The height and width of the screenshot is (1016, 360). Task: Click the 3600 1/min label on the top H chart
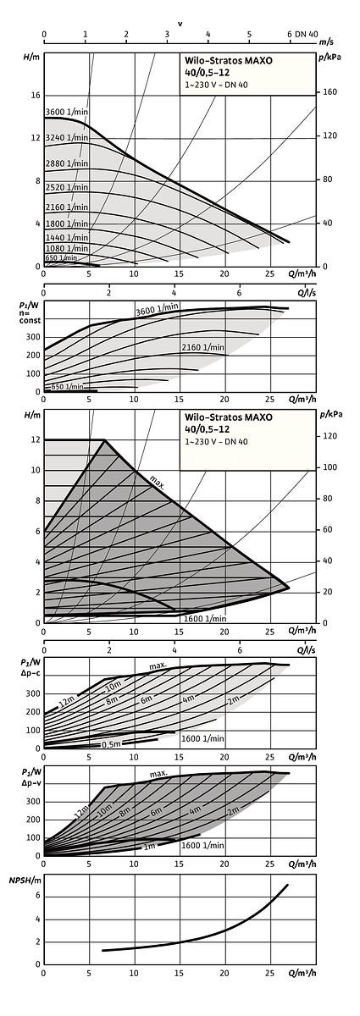coord(67,112)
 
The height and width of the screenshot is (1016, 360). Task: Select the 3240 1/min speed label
coord(67,137)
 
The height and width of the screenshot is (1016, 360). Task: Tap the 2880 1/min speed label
coord(67,163)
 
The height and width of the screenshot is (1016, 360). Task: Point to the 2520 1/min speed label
coord(67,187)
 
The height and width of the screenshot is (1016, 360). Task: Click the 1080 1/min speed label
coord(67,248)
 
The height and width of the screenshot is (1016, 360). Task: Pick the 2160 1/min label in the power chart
coord(203,347)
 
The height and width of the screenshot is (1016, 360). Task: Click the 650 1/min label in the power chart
coord(67,386)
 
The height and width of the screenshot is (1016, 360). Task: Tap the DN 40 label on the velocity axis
coord(307,34)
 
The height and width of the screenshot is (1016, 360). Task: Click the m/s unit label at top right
coord(326,42)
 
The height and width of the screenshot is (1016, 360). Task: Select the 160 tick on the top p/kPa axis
coord(330,92)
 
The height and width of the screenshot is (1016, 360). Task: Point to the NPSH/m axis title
coord(22,881)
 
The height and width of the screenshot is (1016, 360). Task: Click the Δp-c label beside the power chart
coord(30,672)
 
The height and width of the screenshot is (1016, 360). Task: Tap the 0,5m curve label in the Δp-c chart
coord(111,744)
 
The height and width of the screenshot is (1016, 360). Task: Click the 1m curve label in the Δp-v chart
coord(150,847)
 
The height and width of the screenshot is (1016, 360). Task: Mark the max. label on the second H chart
coord(157,482)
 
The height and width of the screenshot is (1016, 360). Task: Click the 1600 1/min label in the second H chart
coord(205,618)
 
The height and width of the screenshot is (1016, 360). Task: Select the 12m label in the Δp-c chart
coord(66,702)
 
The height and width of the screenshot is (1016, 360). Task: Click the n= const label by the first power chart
coord(30,316)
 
